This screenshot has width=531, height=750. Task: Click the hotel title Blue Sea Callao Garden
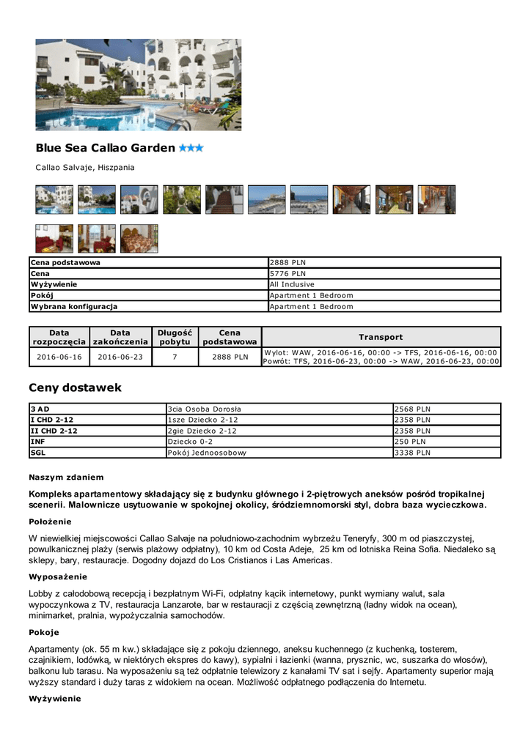105,148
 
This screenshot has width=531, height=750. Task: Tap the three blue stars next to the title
191,148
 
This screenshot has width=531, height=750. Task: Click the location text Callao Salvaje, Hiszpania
85,168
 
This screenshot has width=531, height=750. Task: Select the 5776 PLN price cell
288,273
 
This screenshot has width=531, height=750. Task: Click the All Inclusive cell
292,284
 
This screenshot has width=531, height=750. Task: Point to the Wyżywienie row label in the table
54,284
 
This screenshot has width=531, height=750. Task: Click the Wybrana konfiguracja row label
73,306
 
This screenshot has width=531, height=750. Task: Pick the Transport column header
381,337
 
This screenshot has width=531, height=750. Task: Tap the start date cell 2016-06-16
59,357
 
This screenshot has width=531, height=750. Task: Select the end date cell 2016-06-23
120,357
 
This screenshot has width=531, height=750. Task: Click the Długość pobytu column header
175,337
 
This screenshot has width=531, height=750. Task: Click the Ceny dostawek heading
75,387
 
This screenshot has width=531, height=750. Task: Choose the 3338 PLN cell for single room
412,453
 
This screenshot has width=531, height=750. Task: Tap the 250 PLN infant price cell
410,442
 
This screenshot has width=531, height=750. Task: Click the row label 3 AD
40,409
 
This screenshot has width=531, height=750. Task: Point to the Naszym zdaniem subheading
66,478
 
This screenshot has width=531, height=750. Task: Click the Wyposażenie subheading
58,576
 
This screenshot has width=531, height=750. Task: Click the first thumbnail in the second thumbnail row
54,239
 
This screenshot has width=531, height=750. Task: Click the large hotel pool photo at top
139,84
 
